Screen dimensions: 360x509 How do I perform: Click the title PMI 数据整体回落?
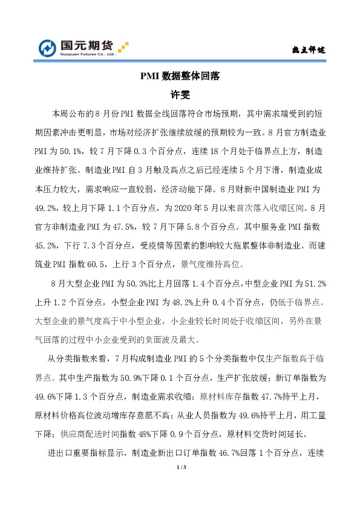[180, 77]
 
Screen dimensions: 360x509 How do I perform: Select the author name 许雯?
[180, 95]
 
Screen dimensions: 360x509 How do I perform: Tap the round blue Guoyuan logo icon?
[48, 47]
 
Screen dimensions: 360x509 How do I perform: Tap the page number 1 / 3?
[180, 468]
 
